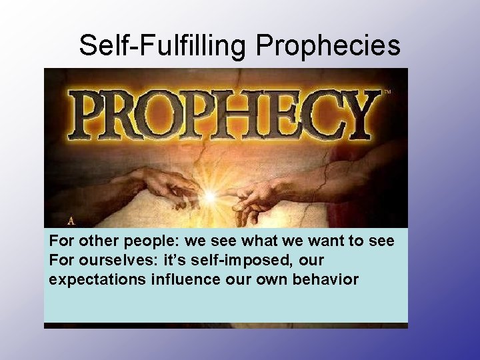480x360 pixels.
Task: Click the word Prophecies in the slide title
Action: point(328,45)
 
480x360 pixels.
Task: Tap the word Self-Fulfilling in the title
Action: point(162,45)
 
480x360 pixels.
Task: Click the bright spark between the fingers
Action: point(210,197)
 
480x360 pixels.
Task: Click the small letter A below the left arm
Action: point(71,221)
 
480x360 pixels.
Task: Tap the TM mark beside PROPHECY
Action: point(387,91)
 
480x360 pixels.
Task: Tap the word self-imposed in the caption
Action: point(240,261)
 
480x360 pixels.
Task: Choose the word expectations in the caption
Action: point(97,279)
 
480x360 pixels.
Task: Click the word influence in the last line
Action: point(186,279)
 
